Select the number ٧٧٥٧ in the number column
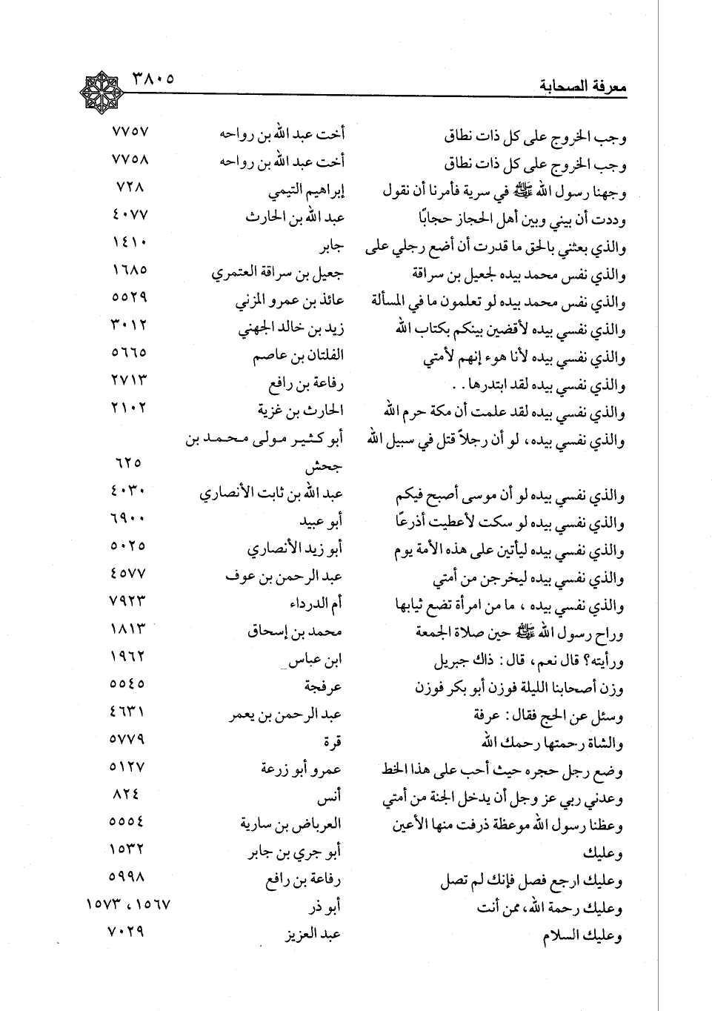point(130,133)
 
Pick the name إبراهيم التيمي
point(306,191)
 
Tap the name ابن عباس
point(317,659)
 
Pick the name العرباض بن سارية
point(290,823)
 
